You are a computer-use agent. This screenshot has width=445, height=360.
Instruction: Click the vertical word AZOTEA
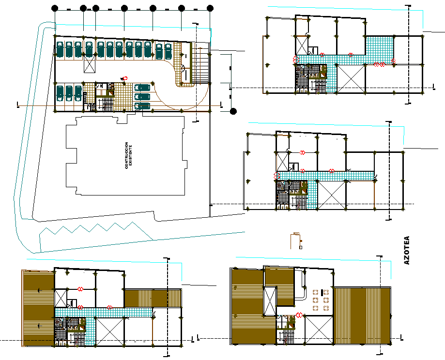406,250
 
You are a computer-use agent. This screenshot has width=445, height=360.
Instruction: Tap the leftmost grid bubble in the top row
55,8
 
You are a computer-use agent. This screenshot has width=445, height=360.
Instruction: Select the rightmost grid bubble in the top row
210,8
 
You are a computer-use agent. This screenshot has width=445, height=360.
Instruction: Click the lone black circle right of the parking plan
233,111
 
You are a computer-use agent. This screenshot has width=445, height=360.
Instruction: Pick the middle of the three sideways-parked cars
142,96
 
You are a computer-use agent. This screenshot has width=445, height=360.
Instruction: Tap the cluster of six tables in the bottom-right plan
320,300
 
